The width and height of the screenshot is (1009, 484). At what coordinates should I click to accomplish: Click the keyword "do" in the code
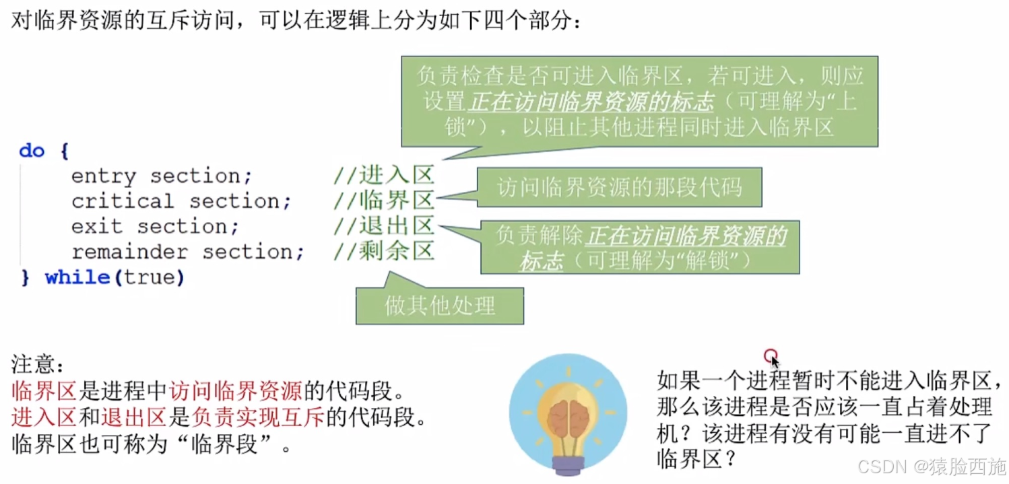click(x=31, y=151)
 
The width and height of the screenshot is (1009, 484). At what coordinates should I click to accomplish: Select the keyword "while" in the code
click(x=77, y=277)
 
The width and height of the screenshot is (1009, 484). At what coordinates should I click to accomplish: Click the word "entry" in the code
click(x=103, y=176)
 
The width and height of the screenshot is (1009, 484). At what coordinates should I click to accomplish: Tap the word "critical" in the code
click(x=123, y=201)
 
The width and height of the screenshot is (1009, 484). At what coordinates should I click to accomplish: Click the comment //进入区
click(x=384, y=176)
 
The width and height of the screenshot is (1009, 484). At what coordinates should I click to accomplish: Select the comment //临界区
click(x=384, y=201)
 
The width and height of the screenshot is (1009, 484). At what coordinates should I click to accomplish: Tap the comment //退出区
click(x=384, y=226)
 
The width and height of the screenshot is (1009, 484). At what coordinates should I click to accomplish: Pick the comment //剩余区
click(x=384, y=252)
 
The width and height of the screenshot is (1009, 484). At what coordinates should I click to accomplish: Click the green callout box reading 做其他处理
click(x=440, y=306)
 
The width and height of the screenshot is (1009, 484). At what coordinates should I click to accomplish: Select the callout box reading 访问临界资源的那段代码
click(x=619, y=187)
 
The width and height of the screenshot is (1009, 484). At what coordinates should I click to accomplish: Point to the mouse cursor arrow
click(x=775, y=361)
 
